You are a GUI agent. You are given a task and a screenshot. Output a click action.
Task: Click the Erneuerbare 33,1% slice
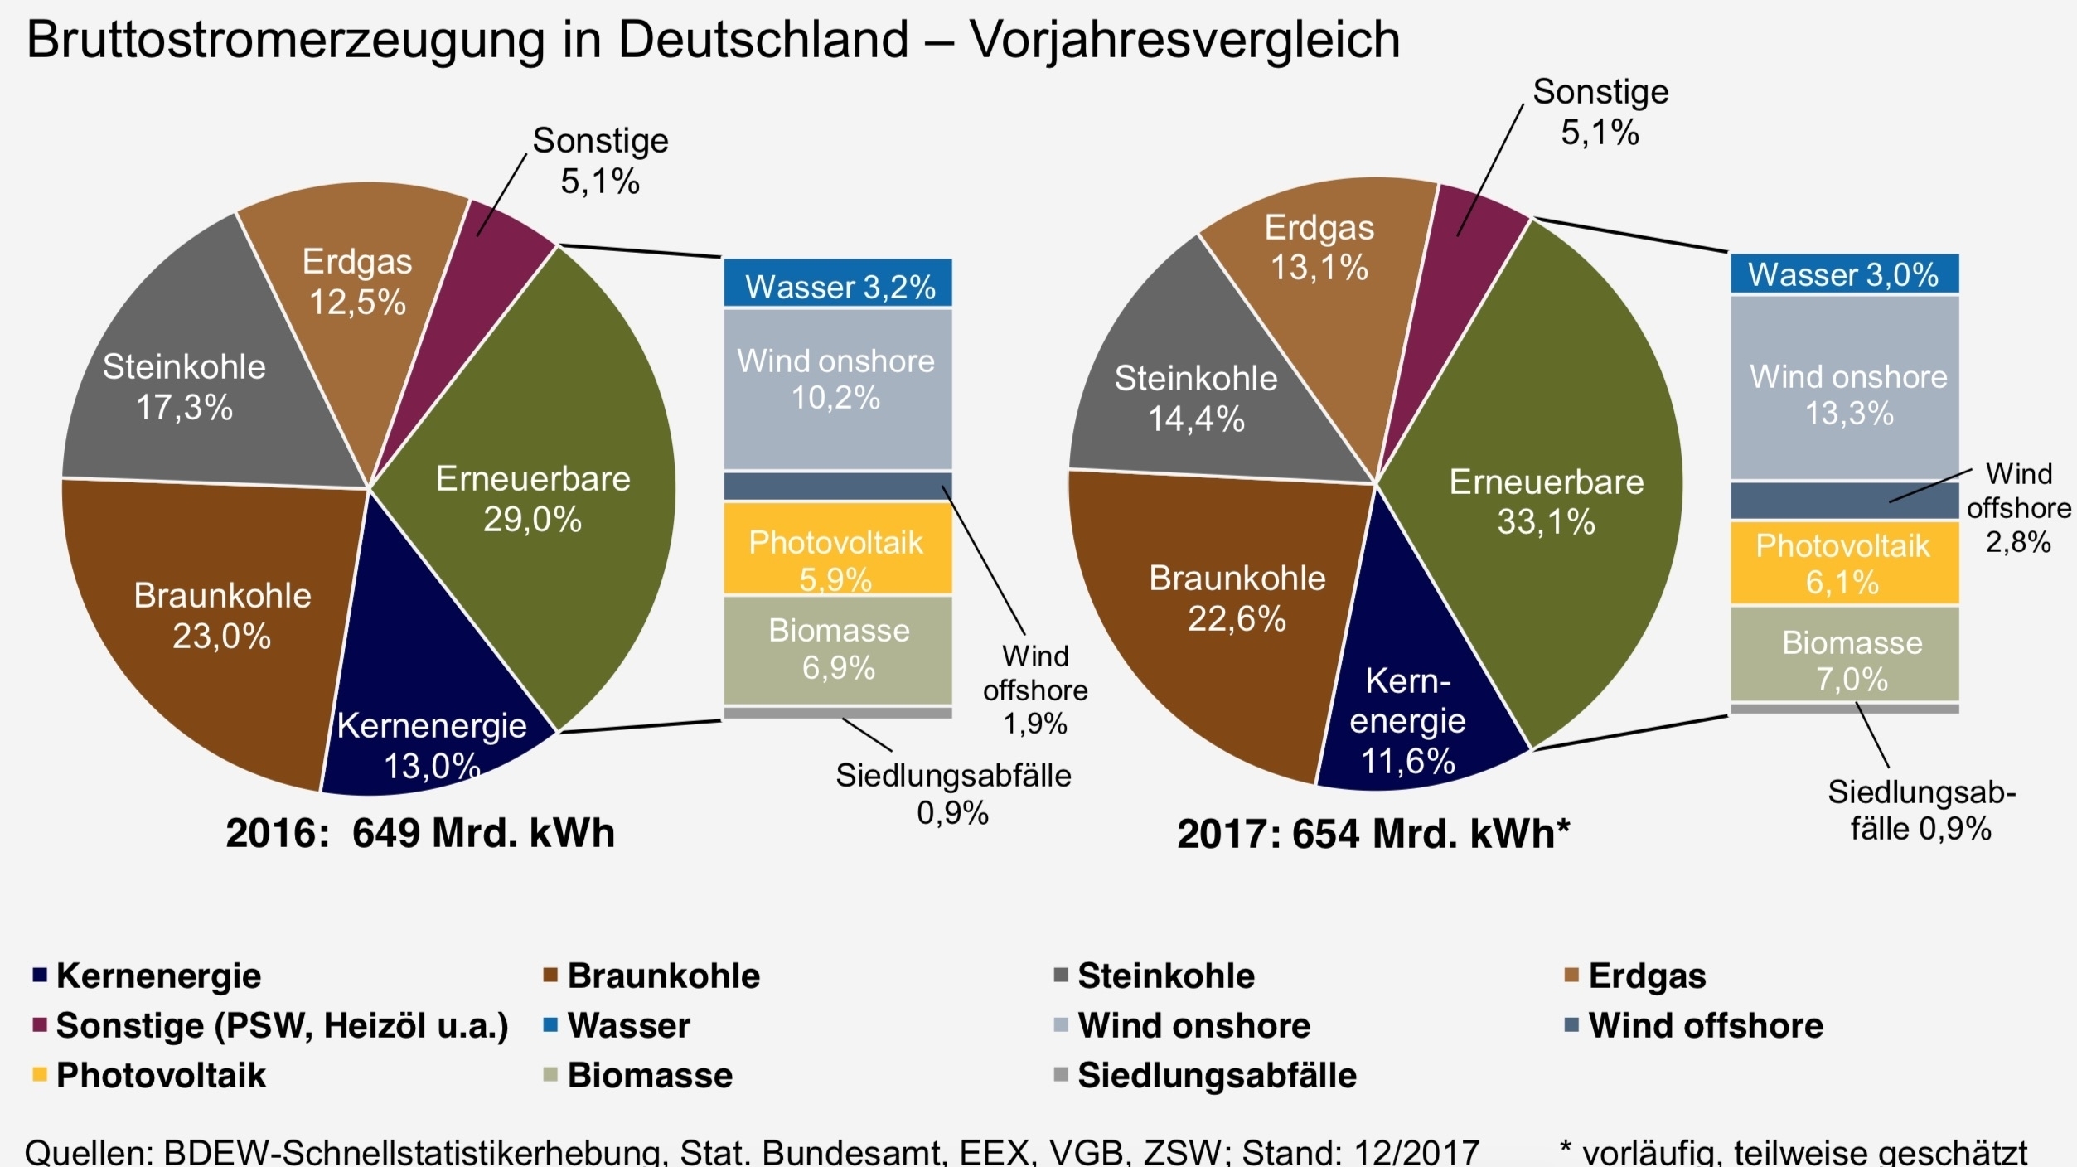tap(1547, 501)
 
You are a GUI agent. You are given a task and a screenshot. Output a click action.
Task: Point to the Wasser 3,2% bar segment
tap(838, 285)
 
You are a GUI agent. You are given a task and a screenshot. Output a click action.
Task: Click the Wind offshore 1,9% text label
tap(1035, 690)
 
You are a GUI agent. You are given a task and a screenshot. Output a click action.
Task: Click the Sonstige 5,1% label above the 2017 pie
tap(1600, 112)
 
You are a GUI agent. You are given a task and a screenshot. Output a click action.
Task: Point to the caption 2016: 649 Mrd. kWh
tap(420, 833)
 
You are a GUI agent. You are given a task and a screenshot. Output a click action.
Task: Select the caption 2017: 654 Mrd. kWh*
tap(1373, 834)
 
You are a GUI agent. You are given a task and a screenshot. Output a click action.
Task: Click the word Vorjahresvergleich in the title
tap(1185, 39)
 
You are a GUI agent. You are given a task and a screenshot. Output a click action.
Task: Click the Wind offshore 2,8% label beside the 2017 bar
tap(2018, 507)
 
